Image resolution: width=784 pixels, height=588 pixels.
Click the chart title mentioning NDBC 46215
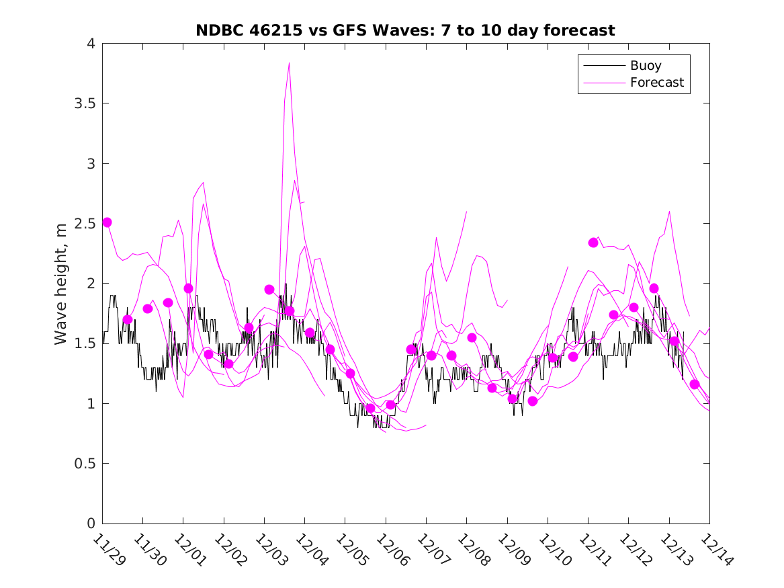pos(405,30)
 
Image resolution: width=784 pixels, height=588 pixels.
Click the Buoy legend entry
pos(646,66)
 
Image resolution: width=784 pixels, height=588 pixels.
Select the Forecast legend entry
pos(656,83)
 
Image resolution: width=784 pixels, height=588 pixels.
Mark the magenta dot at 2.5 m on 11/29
pos(107,222)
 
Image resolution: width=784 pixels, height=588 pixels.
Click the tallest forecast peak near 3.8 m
pos(289,63)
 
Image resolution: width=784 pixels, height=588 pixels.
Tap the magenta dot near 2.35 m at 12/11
pos(593,243)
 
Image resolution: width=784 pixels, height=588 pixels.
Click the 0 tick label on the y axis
pos(90,523)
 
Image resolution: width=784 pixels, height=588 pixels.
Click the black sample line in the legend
pos(603,66)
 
